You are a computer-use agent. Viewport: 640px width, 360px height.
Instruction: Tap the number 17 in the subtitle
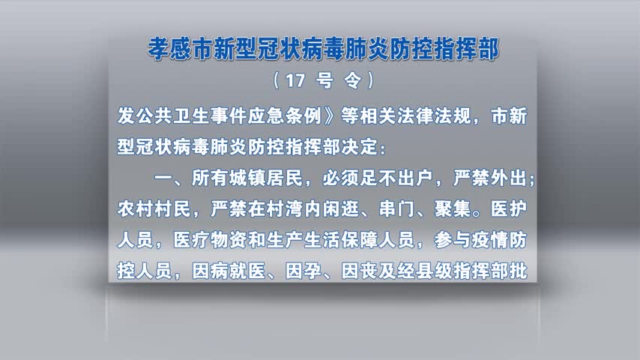296,80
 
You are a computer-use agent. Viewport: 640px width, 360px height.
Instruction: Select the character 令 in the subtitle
353,80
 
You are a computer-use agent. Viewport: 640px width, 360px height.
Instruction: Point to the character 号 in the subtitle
325,80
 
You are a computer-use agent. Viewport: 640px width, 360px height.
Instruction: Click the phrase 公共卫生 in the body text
172,116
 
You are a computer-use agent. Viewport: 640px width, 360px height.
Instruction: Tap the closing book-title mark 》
330,116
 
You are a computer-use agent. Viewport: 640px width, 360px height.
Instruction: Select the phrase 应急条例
285,116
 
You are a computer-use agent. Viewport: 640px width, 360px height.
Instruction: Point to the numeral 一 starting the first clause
163,178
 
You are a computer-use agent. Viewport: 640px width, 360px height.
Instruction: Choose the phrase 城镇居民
266,178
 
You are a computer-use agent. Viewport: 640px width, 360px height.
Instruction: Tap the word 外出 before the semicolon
508,178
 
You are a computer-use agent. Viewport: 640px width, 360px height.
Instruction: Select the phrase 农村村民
154,209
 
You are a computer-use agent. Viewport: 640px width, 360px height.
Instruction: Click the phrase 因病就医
229,271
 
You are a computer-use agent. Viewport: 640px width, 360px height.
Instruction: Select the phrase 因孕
304,271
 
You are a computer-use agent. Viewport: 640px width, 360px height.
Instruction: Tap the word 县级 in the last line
434,271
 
